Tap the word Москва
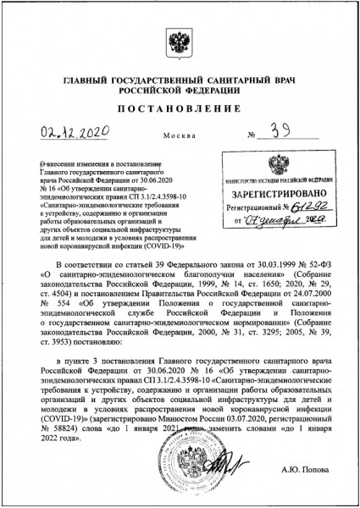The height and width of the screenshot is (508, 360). pyautogui.click(x=179, y=136)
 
